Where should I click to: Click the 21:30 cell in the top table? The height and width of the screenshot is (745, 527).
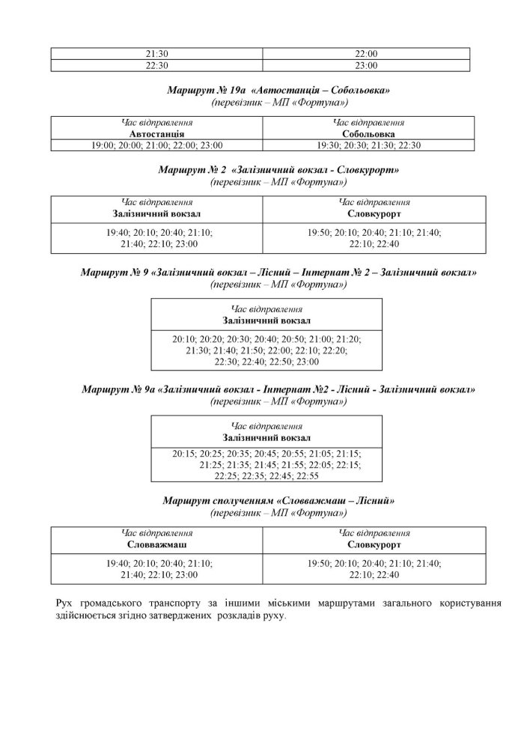pyautogui.click(x=157, y=53)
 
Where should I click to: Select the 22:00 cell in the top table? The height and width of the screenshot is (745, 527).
pyautogui.click(x=366, y=53)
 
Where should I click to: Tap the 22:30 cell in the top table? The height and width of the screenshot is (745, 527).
pyautogui.click(x=157, y=65)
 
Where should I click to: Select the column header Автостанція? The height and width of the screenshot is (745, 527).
pyautogui.click(x=157, y=134)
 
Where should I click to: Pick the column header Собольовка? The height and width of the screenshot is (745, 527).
pyautogui.click(x=368, y=134)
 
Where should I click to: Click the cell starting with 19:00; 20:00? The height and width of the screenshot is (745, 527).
pyautogui.click(x=157, y=145)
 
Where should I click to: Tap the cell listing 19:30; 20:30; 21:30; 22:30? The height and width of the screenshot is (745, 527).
pyautogui.click(x=368, y=145)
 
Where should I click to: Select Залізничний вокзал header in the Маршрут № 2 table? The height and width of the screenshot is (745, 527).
pyautogui.click(x=157, y=213)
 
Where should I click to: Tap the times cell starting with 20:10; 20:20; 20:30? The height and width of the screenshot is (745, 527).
pyautogui.click(x=266, y=350)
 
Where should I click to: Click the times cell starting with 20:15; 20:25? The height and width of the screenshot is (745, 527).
pyautogui.click(x=266, y=464)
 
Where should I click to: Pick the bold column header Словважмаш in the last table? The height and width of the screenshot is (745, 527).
pyautogui.click(x=157, y=544)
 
